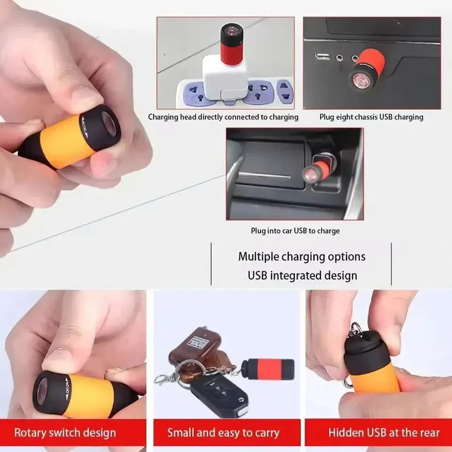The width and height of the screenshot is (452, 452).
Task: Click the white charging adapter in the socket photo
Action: click(224, 78)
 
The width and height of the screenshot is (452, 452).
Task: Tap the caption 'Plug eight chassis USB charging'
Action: click(371, 117)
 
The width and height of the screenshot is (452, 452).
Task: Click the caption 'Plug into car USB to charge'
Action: click(295, 231)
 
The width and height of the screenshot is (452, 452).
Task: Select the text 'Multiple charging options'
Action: click(301, 257)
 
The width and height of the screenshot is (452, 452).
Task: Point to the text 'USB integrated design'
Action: click(302, 275)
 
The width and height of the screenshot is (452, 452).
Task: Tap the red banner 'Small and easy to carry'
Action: click(223, 432)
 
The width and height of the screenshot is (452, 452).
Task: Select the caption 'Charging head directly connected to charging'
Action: click(223, 117)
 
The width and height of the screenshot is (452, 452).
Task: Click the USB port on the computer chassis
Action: click(323, 57)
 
